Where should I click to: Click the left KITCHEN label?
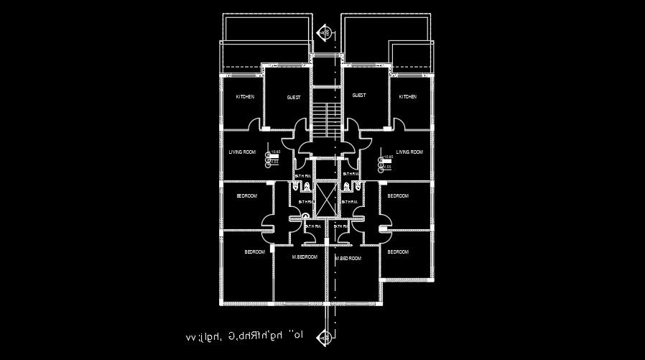pyautogui.click(x=245, y=97)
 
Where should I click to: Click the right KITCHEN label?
pyautogui.click(x=407, y=97)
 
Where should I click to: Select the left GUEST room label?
pyautogui.click(x=294, y=97)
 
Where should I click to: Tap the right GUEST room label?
pyautogui.click(x=359, y=95)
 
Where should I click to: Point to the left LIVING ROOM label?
pyautogui.click(x=242, y=152)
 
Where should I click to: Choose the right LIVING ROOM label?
pyautogui.click(x=409, y=152)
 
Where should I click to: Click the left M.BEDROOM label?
pyautogui.click(x=305, y=257)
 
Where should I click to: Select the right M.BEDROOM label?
pyautogui.click(x=348, y=257)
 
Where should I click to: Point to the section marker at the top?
pyautogui.click(x=325, y=32)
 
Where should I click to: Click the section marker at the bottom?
pyautogui.click(x=327, y=336)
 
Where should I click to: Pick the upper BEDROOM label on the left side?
pyautogui.click(x=247, y=195)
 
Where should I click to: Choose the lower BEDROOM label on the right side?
pyautogui.click(x=398, y=252)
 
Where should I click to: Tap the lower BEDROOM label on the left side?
pyautogui.click(x=254, y=252)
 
